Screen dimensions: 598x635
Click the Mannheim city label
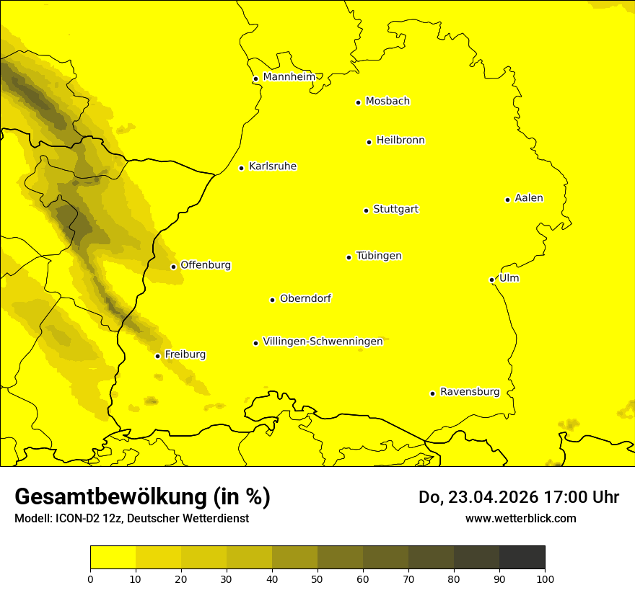(289, 77)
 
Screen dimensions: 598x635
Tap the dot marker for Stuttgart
(367, 210)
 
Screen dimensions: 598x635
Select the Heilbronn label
(400, 140)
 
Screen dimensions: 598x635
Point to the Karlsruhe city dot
(242, 168)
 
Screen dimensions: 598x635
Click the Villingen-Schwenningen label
(323, 342)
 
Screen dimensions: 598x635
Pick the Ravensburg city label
(470, 392)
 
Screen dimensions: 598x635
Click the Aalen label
(529, 198)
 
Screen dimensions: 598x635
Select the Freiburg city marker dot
(158, 356)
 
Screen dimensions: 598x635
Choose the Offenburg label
(206, 265)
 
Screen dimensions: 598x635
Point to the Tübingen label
(379, 256)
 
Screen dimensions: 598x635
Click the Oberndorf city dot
(273, 300)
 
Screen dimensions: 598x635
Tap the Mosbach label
(387, 102)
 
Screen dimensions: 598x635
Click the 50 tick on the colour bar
(317, 578)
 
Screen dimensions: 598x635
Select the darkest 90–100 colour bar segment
(522, 558)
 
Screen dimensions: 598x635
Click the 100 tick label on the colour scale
(545, 578)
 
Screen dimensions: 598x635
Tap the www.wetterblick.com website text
(520, 518)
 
